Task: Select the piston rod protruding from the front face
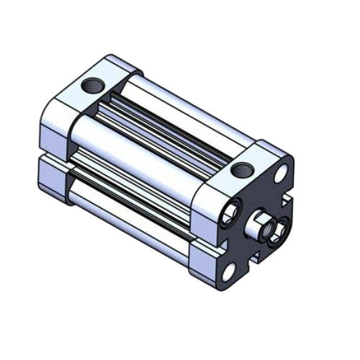[x=260, y=226]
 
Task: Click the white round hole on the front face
[x=282, y=172]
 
